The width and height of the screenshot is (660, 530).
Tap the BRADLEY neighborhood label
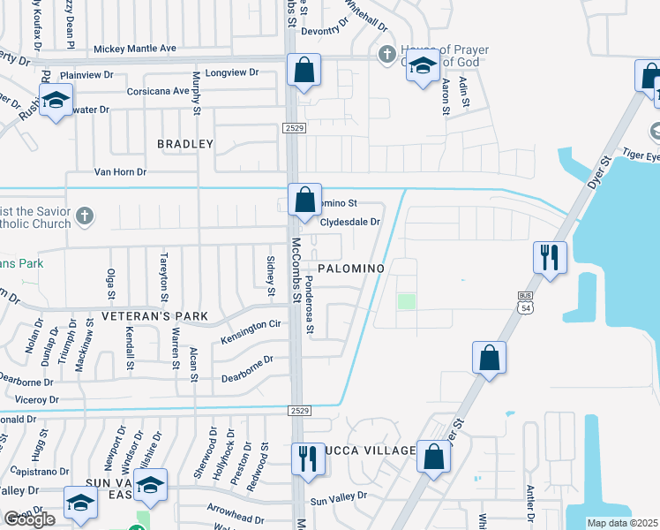tap(185, 143)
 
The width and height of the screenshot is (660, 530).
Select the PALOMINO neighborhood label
tap(350, 268)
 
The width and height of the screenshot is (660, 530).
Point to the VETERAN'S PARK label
tap(154, 315)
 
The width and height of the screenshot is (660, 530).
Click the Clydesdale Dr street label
tap(349, 223)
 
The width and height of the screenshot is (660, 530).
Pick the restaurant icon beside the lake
tap(549, 258)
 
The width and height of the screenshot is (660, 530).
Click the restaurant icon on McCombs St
tap(307, 458)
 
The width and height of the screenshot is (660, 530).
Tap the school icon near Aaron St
tap(423, 66)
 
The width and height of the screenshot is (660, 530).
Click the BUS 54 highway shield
tap(525, 304)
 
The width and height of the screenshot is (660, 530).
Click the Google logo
tap(29, 519)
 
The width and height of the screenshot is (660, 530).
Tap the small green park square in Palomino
tap(406, 302)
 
